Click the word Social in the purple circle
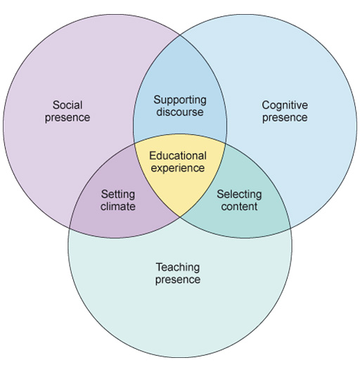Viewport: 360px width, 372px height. point(67,105)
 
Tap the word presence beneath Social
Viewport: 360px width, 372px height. point(67,117)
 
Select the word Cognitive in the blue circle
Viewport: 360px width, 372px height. point(285,105)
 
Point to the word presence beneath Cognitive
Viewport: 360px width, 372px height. point(285,117)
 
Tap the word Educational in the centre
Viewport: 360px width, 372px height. point(178,155)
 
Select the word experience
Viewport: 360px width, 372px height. point(178,168)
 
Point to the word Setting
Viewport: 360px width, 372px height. point(117,194)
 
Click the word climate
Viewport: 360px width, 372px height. point(117,207)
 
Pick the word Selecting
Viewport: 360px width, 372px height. point(239,194)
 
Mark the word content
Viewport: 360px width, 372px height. point(239,207)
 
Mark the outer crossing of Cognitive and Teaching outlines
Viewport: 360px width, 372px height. point(290,229)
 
